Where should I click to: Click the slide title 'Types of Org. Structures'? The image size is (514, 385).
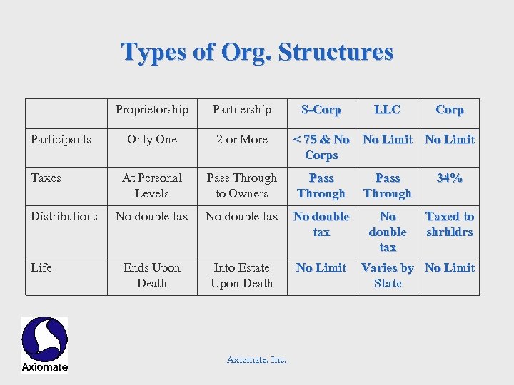point(257,52)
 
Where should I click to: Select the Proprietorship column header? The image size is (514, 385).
point(152,110)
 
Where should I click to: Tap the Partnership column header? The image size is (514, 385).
point(242,110)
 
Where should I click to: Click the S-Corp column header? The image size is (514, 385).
point(321,110)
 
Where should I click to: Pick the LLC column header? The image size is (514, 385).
point(388,110)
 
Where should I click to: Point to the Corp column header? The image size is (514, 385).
point(450,110)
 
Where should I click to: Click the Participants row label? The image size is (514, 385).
point(61,140)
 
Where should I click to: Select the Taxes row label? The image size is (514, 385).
point(46,178)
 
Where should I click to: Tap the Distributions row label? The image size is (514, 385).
point(64,217)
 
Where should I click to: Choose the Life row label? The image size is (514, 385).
point(41,268)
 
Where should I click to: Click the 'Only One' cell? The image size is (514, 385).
point(152,140)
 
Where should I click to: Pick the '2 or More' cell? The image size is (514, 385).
point(242,140)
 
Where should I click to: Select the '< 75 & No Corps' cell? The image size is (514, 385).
point(321,147)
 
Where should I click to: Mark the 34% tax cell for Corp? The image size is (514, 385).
point(450,178)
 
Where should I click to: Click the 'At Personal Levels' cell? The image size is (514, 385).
point(152,185)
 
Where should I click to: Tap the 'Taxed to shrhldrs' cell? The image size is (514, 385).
point(450,224)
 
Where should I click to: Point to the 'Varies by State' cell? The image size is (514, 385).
point(388,275)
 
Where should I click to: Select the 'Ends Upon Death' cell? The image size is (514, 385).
point(152,275)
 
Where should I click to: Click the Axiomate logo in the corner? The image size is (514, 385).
point(44,344)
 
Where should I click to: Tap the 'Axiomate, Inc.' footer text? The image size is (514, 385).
point(257,360)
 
